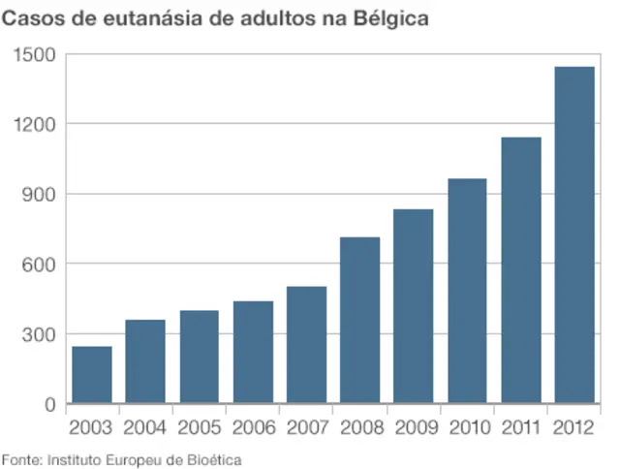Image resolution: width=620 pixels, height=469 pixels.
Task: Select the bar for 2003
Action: (92, 374)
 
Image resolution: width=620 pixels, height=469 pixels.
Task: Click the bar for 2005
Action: (199, 357)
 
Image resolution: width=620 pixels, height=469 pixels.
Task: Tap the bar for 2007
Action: (306, 344)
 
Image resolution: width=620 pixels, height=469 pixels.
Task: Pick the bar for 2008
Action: (359, 320)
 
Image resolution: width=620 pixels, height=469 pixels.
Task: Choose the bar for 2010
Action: (467, 291)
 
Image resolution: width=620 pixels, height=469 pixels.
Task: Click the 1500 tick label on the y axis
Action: (35, 54)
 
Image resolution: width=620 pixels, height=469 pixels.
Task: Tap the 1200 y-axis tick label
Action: (35, 124)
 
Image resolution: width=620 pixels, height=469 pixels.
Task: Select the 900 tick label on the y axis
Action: (40, 194)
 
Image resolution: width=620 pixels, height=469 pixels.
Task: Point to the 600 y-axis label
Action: (40, 264)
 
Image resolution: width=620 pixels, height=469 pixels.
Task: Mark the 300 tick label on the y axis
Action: (40, 334)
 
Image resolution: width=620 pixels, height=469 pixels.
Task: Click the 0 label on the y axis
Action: (50, 404)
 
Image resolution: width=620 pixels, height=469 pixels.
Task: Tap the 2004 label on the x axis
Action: (145, 427)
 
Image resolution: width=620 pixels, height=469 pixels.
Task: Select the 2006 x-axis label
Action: (253, 427)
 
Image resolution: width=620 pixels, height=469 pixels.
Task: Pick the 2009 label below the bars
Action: (414, 427)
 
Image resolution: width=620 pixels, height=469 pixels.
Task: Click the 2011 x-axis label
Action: (520, 427)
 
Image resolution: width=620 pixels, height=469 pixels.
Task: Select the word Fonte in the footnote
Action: (21, 458)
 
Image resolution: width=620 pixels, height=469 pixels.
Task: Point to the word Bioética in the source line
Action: (214, 458)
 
